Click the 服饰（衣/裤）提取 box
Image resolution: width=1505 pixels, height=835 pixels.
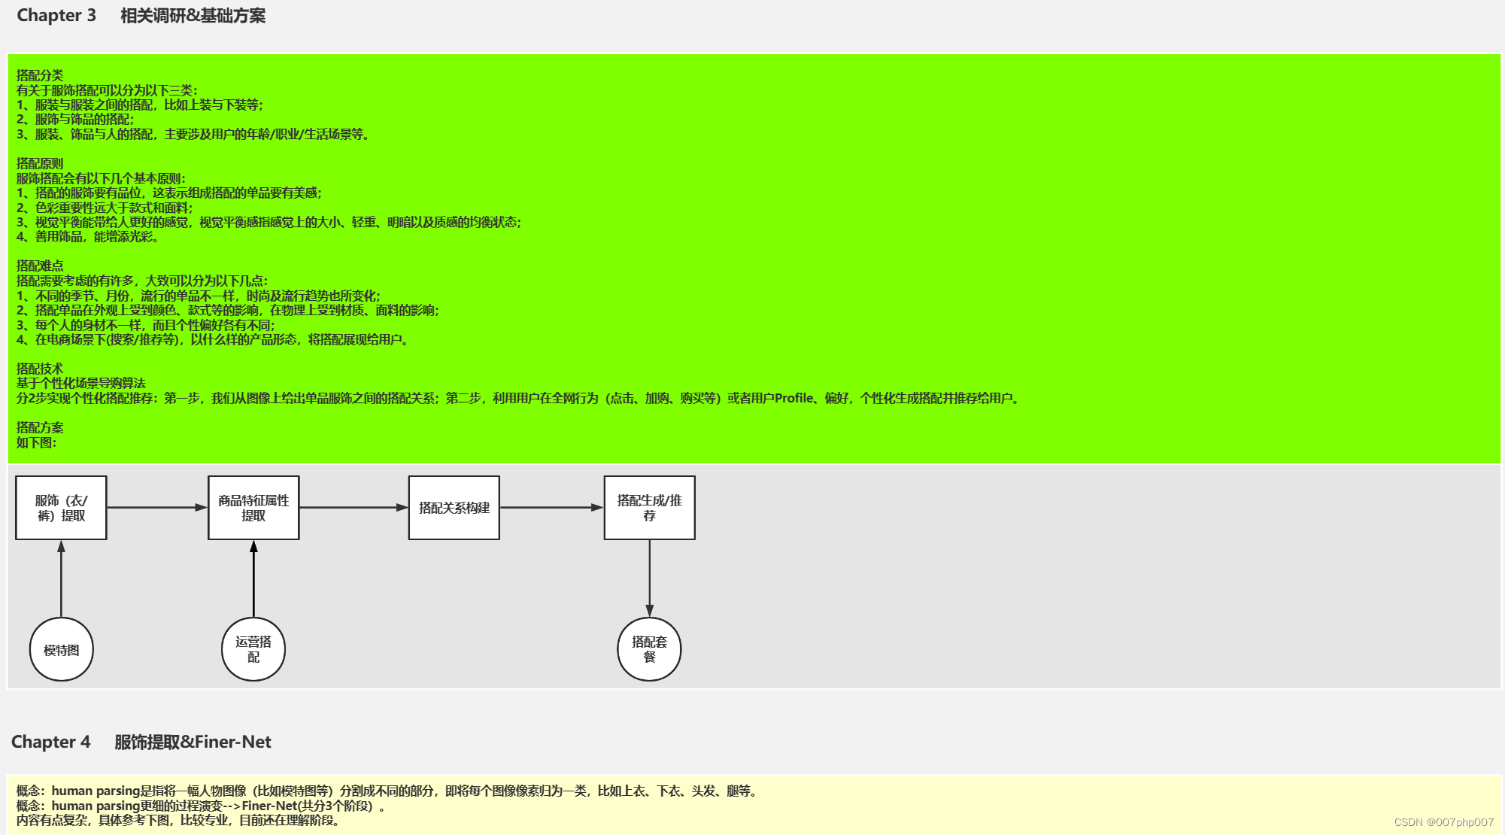coord(61,508)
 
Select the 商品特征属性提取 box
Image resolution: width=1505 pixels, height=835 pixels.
coord(253,508)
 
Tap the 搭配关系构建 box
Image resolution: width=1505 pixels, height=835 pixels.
coord(454,508)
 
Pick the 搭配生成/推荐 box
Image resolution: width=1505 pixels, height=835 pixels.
coord(649,508)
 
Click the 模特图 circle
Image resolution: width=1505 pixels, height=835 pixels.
coord(61,650)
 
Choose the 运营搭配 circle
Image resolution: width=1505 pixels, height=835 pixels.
coord(253,649)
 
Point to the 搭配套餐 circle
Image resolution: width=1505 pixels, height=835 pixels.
coord(649,649)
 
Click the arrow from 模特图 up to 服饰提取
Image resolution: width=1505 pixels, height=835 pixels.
coord(61,578)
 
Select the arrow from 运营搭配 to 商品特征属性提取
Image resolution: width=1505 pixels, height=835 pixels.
coord(253,578)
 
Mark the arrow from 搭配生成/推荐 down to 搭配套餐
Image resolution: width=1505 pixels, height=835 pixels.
coord(649,578)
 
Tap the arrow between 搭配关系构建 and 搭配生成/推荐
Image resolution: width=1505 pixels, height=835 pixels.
coord(551,508)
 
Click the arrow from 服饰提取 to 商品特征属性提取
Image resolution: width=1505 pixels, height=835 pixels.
coord(157,508)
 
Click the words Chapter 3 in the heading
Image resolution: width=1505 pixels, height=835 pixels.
coord(56,16)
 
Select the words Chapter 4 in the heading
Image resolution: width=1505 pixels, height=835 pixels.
coord(50,742)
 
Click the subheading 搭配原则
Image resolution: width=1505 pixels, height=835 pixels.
coord(40,163)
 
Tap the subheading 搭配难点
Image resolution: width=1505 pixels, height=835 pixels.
coord(40,266)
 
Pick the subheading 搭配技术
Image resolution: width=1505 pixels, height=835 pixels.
coord(40,369)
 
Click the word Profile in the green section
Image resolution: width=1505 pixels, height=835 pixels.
coord(794,399)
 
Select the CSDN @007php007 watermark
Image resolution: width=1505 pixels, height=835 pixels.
coord(1443,822)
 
